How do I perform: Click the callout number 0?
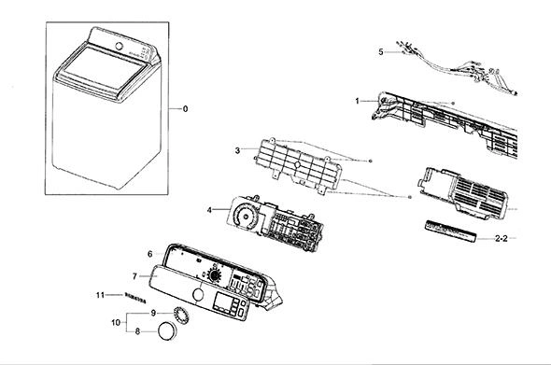click(x=185, y=109)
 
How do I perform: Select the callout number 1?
click(x=357, y=101)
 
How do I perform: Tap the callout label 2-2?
click(x=502, y=239)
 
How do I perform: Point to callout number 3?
click(x=237, y=150)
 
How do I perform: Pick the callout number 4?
click(x=209, y=210)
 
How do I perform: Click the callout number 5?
click(x=381, y=52)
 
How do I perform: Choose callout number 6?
click(x=149, y=254)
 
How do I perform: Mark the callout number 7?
click(x=134, y=276)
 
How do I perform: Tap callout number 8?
click(x=138, y=331)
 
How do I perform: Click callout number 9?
click(x=153, y=313)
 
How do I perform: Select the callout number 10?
click(x=116, y=322)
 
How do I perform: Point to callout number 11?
click(x=100, y=295)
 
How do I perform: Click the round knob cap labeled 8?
click(x=167, y=331)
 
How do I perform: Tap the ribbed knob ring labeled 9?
click(x=181, y=316)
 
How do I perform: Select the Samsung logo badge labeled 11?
click(x=135, y=298)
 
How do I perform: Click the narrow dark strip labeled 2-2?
click(x=451, y=231)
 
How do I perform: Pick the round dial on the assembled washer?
click(x=120, y=46)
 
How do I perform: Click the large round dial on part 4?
click(x=246, y=216)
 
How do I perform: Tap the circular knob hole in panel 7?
click(x=199, y=294)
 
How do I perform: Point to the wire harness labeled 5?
click(x=457, y=68)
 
